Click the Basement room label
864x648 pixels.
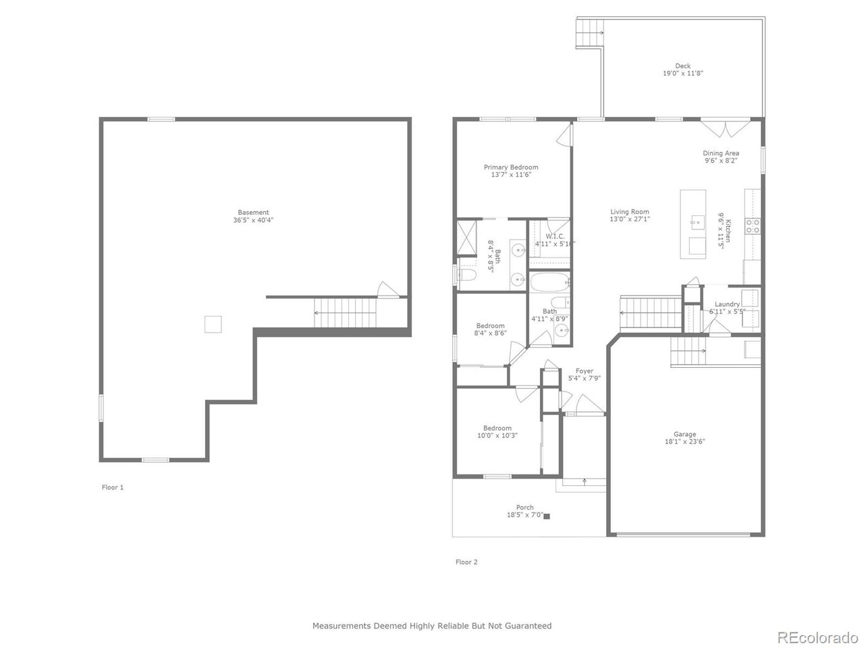[253, 212]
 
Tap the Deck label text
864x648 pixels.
[682, 66]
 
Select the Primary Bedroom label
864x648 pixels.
[511, 167]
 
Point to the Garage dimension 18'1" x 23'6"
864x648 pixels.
[684, 441]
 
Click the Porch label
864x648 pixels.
[524, 507]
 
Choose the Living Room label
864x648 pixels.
[630, 211]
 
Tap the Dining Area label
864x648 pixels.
[721, 153]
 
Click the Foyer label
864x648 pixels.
[584, 371]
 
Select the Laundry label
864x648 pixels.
[727, 304]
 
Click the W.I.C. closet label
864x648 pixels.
[555, 236]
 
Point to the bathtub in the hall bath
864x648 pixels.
[549, 281]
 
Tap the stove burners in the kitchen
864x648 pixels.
[753, 225]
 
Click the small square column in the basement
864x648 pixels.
[213, 324]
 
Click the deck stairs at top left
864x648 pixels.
[588, 32]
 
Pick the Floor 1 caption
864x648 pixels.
[113, 487]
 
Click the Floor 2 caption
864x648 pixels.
[466, 562]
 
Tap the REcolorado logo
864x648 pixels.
[817, 637]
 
